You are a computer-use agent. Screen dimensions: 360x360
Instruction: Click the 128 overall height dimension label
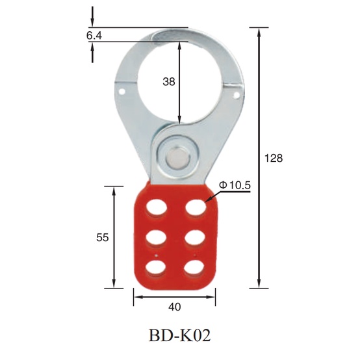click(274, 158)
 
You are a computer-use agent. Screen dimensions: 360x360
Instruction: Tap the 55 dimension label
click(103, 237)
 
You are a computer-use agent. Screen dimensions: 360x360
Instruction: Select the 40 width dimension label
click(175, 307)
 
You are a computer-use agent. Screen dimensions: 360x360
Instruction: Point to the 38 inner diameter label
click(169, 81)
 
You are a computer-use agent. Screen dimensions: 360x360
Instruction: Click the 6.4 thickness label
click(94, 36)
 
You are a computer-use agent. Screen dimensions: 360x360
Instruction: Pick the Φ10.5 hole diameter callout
click(235, 185)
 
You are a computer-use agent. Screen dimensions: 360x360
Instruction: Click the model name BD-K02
click(179, 335)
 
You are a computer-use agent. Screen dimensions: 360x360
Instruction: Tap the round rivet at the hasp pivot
click(178, 158)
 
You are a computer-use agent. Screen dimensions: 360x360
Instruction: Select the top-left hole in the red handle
click(157, 208)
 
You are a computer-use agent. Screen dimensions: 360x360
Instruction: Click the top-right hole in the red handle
click(196, 208)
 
